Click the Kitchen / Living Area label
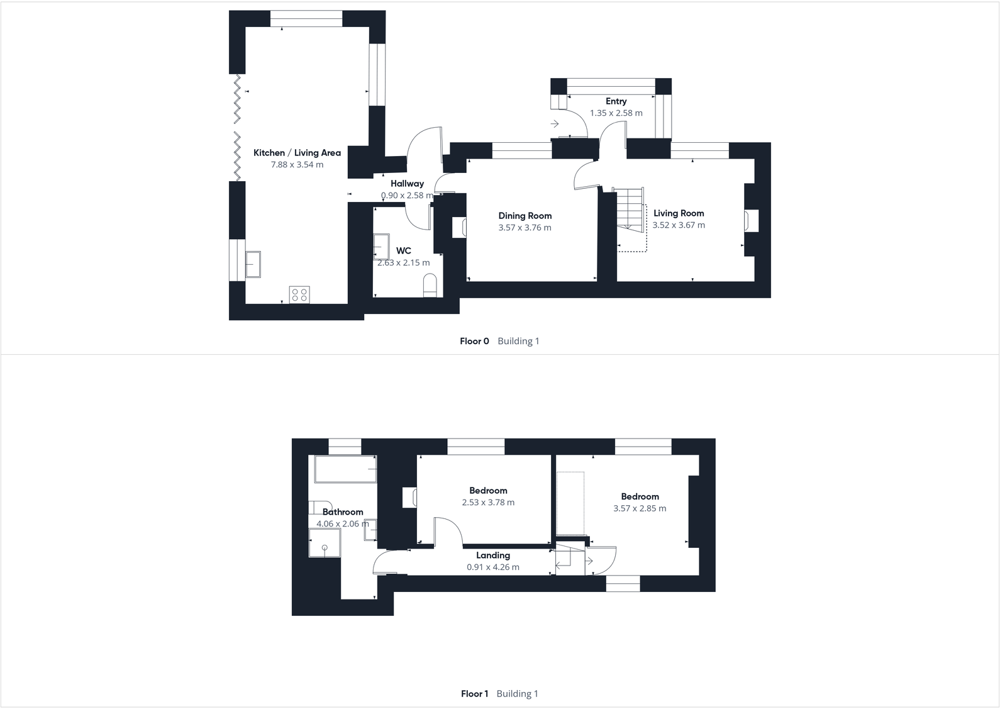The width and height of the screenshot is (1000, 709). [x=297, y=153]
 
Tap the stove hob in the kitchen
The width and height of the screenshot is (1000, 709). [x=299, y=294]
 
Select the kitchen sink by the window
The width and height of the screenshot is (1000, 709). [x=253, y=264]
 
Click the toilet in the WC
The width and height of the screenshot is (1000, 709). [x=430, y=286]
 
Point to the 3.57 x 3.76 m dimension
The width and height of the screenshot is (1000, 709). [x=525, y=228]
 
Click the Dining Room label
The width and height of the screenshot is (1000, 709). [x=525, y=216]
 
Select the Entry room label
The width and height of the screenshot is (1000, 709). [x=616, y=101]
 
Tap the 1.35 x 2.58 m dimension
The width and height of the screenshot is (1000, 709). [x=616, y=113]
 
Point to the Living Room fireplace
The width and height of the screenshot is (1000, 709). [x=752, y=221]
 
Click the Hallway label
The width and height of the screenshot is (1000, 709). [x=407, y=184]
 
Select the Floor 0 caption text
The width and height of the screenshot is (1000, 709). [x=474, y=341]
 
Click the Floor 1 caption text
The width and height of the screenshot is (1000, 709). [x=474, y=694]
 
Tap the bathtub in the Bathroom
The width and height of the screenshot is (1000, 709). [x=345, y=469]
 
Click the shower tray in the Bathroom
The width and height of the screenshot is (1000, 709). [x=325, y=543]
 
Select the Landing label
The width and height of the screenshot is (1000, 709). [x=492, y=555]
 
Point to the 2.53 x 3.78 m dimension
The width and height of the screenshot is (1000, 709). [x=488, y=503]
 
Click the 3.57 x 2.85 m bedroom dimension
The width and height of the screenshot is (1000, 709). [x=640, y=508]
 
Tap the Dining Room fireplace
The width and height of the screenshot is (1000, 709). [x=459, y=227]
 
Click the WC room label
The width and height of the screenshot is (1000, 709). [x=403, y=251]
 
